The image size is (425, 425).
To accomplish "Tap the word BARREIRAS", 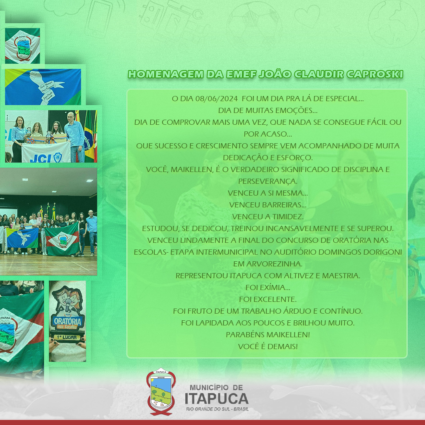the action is click(285, 205).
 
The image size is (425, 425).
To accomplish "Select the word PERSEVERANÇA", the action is click(268, 181).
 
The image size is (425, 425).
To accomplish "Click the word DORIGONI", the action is click(383, 252).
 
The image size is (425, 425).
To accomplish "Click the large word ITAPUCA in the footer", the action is click(216, 399).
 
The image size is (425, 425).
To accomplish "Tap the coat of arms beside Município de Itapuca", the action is click(161, 392).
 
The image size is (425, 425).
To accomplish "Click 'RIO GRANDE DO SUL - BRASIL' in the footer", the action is click(217, 409).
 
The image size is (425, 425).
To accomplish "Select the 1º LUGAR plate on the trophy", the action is click(67, 338).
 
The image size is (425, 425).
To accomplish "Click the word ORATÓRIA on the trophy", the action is click(68, 321).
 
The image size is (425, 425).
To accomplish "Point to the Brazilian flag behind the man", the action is click(89, 135).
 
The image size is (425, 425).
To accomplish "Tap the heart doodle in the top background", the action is click(307, 15).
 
